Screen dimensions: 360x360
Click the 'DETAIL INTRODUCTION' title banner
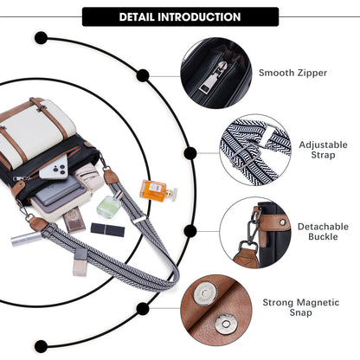[x=180, y=16]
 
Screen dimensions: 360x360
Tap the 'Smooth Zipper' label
[x=292, y=73]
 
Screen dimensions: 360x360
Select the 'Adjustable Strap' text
[x=323, y=150]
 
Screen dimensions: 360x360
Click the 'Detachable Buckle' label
[x=323, y=231]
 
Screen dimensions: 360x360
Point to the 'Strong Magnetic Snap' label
[x=301, y=307]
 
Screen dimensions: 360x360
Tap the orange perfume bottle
[x=158, y=190]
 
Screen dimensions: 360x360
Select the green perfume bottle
[x=110, y=204]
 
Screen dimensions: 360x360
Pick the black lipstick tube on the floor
[x=107, y=229]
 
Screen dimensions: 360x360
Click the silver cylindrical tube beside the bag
[x=26, y=238]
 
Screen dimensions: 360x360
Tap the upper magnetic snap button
[x=205, y=293]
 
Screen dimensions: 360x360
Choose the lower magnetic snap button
[x=225, y=324]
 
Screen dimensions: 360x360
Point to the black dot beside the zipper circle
[x=143, y=75]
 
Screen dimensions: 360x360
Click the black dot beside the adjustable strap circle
[x=190, y=153]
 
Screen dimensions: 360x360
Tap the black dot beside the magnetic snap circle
[x=143, y=309]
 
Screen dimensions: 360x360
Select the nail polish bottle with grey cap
[x=80, y=262]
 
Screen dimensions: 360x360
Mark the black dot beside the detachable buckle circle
[x=190, y=231]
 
